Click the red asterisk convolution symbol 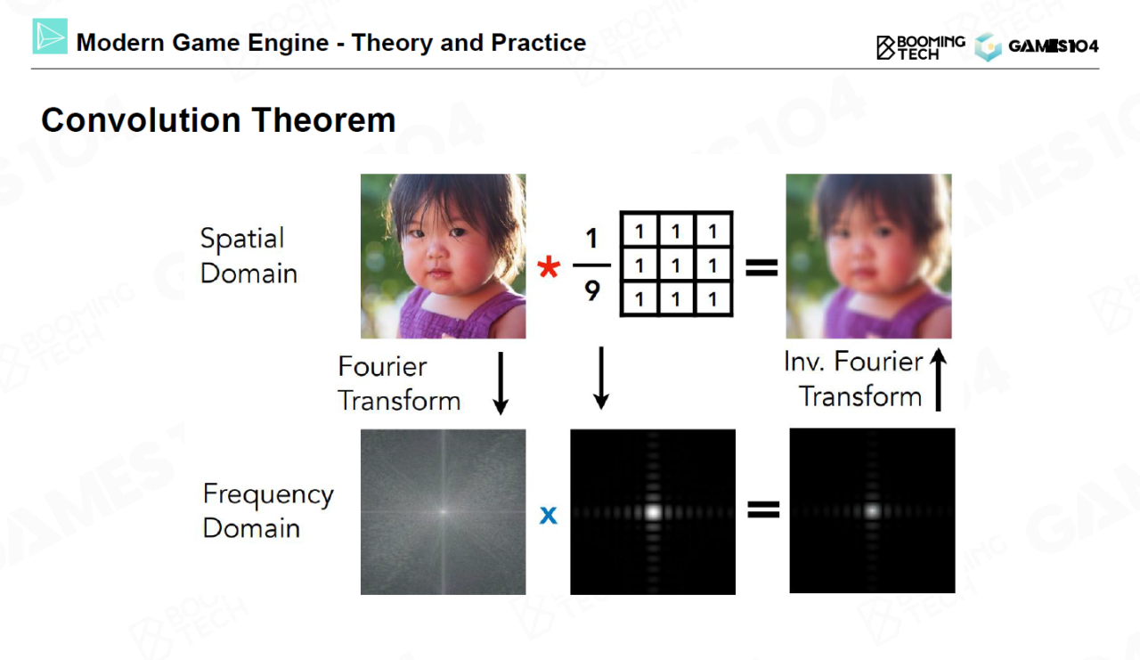click(x=548, y=266)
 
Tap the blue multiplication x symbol click(x=548, y=515)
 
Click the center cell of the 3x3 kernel click(x=676, y=265)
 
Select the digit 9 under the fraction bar click(x=592, y=290)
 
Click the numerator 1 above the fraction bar click(x=590, y=238)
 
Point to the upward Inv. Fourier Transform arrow click(x=938, y=379)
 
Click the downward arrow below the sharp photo click(x=501, y=383)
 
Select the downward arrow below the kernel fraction click(x=601, y=378)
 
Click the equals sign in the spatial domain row click(x=761, y=268)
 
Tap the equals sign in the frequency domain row click(x=763, y=509)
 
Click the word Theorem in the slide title click(x=323, y=120)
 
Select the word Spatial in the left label click(x=242, y=239)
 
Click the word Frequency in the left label click(x=268, y=495)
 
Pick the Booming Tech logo click(x=921, y=48)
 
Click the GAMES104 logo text click(x=1053, y=46)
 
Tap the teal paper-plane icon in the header click(x=50, y=37)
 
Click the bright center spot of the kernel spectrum click(x=653, y=511)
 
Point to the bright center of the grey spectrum click(x=444, y=511)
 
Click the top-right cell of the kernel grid click(x=712, y=232)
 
